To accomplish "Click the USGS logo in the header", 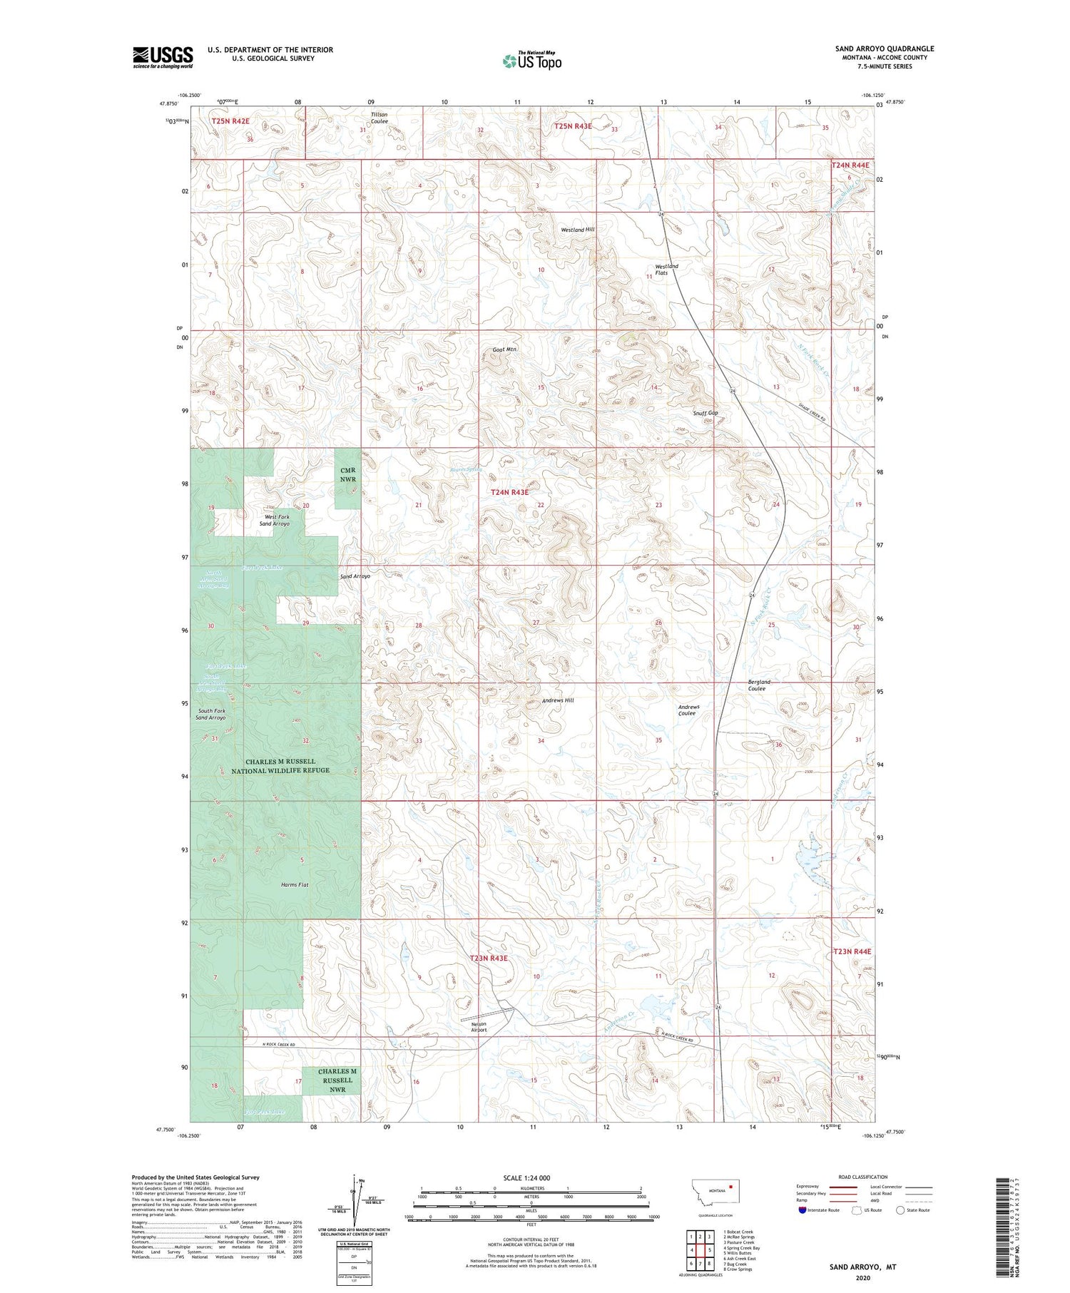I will tap(163, 57).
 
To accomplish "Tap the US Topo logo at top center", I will tap(531, 61).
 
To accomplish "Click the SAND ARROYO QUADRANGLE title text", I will tap(885, 48).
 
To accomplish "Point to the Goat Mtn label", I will tap(504, 349).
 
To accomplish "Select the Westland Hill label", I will tap(578, 230).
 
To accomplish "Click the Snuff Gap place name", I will tap(705, 413).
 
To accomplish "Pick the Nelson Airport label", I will tap(479, 1026).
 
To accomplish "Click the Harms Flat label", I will tap(294, 884).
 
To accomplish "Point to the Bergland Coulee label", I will tap(758, 685).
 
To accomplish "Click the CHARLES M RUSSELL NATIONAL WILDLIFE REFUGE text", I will tap(280, 766).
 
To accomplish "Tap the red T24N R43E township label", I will tap(509, 492).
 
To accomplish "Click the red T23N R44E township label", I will tap(852, 951).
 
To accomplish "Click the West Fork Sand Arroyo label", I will tap(277, 520).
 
